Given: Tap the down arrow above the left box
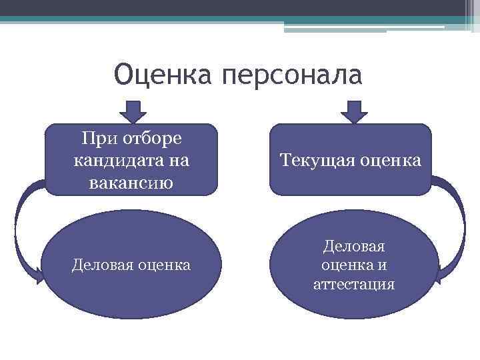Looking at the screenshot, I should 133,111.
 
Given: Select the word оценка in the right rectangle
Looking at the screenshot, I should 393,160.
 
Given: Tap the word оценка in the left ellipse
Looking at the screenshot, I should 164,265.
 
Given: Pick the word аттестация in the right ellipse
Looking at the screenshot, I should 354,285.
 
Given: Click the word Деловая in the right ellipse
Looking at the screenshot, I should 354,247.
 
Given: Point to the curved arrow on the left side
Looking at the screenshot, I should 19,227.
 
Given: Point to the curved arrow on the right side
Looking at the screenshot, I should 460,220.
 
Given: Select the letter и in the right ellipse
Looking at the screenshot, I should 382,265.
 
